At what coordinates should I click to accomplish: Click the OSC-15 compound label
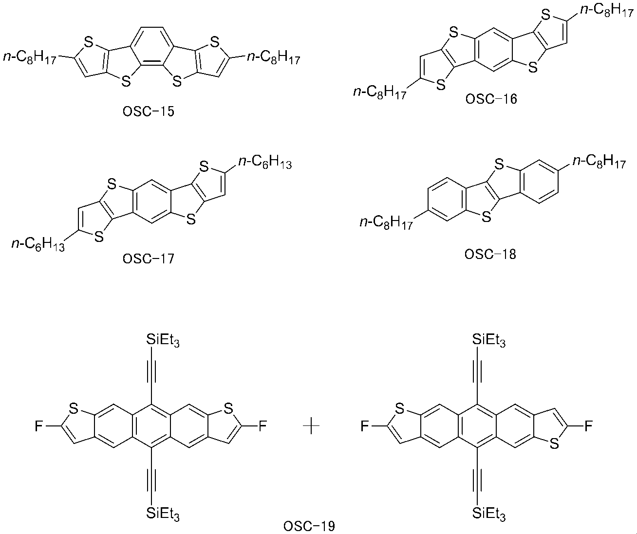[x=148, y=111]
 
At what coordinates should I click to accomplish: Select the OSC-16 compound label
[x=491, y=99]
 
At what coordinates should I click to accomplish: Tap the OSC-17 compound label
[x=148, y=258]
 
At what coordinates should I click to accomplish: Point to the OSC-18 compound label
[x=490, y=254]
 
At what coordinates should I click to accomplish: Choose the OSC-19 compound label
[x=309, y=526]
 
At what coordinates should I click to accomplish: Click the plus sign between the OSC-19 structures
[x=311, y=426]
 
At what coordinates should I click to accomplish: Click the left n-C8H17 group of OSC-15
[x=30, y=57]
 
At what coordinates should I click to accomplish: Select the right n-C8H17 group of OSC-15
[x=273, y=57]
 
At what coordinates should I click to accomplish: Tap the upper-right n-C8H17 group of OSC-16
[x=607, y=11]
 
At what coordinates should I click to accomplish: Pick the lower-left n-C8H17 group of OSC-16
[x=380, y=92]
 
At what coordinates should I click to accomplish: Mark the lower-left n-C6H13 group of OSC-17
[x=38, y=244]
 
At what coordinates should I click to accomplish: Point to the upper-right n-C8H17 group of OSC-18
[x=600, y=162]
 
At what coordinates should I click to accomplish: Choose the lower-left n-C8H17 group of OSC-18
[x=386, y=222]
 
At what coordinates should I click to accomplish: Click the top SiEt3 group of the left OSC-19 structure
[x=163, y=340]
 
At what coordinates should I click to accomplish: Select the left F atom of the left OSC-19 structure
[x=38, y=426]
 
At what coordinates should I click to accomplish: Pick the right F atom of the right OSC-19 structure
[x=588, y=426]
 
